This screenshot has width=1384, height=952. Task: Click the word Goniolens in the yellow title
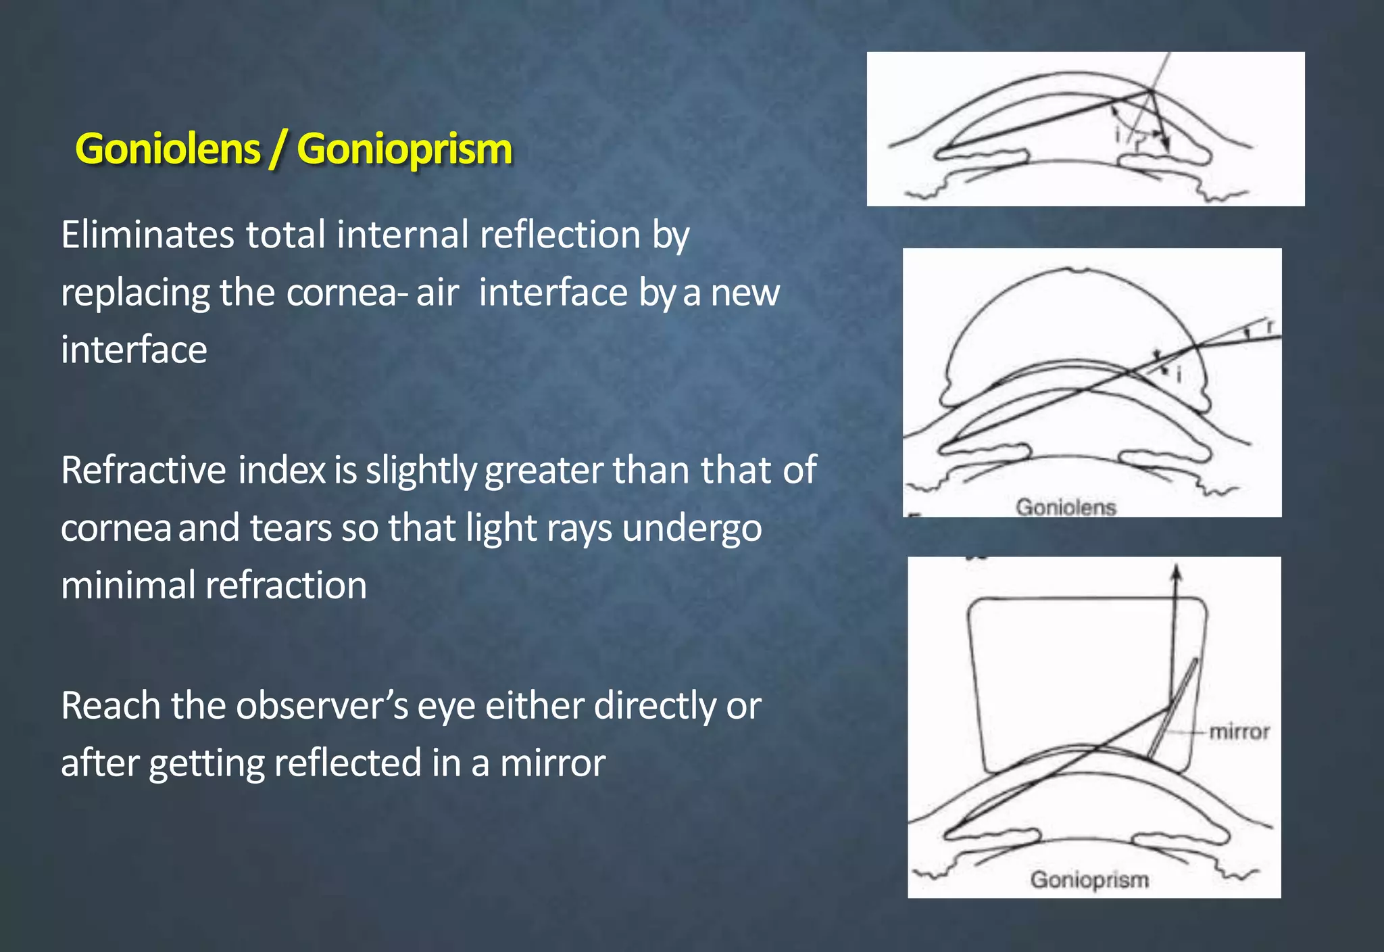[168, 149]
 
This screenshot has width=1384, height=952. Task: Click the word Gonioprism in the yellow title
[404, 149]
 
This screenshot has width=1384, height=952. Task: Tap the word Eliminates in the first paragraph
[147, 235]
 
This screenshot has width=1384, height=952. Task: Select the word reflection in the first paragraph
[560, 235]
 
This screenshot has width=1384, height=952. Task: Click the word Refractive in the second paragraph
[143, 470]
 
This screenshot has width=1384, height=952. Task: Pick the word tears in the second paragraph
[291, 528]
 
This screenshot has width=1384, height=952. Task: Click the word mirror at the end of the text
[553, 763]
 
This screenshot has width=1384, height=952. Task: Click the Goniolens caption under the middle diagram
[1066, 507]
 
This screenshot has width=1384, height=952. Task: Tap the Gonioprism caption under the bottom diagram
[1089, 880]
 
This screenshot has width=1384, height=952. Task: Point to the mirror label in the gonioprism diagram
[1239, 732]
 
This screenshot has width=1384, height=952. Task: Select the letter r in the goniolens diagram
[1270, 327]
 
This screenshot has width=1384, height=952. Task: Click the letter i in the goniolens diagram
[1179, 374]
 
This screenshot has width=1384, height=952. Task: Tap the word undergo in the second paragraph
[692, 528]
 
